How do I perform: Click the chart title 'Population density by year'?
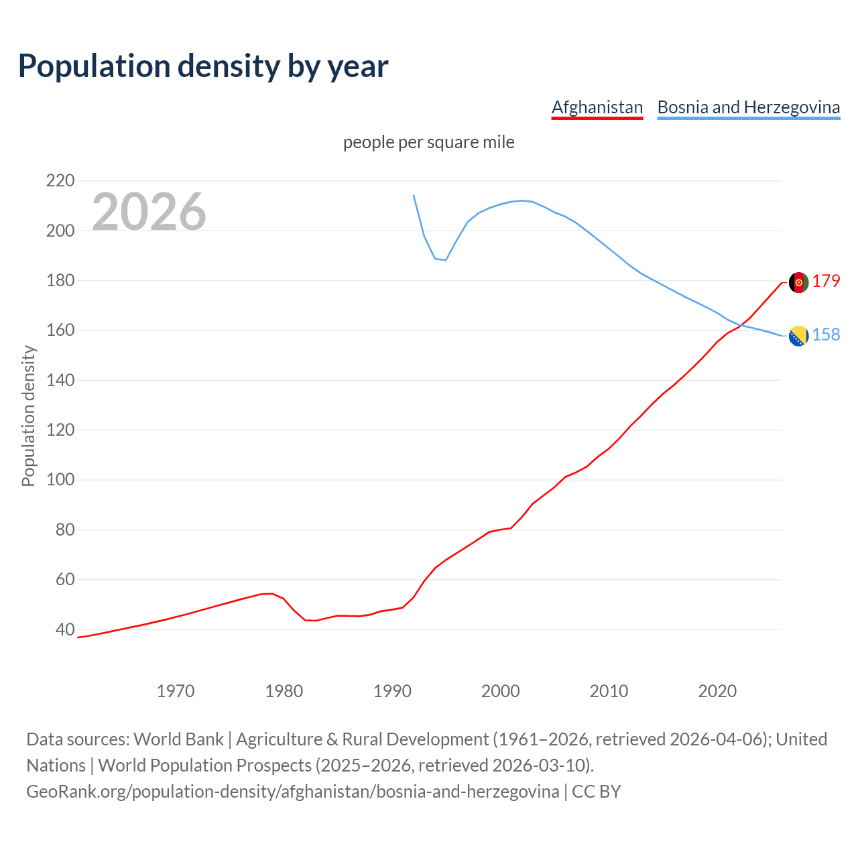click(203, 66)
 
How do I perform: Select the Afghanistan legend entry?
click(597, 107)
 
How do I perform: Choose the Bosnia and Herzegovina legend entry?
click(748, 107)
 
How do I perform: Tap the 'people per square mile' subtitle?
click(428, 143)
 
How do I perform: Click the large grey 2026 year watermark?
click(149, 212)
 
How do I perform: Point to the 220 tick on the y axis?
click(60, 181)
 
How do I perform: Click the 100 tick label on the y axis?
click(60, 480)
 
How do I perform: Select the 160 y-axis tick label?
click(60, 330)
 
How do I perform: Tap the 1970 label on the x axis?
click(176, 691)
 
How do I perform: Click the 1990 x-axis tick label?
click(392, 691)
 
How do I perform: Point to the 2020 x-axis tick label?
click(717, 691)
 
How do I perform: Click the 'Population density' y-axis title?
click(28, 416)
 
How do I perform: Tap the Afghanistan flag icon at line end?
click(798, 282)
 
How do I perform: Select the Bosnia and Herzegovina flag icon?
click(798, 336)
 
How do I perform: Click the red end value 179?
click(826, 282)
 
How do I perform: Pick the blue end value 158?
click(826, 334)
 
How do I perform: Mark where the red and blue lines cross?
click(741, 325)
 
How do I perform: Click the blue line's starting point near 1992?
click(414, 196)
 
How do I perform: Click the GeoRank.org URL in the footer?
click(292, 792)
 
